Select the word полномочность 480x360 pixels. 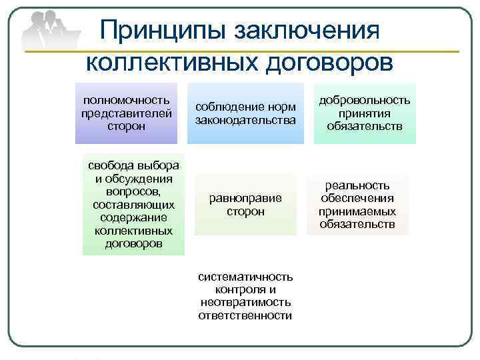point(126,99)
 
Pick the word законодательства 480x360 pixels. point(245,119)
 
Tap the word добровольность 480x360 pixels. point(365,99)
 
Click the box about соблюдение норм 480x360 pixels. point(245,113)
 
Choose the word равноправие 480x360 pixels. point(245,198)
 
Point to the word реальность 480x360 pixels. point(357,186)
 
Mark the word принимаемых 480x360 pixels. point(357,211)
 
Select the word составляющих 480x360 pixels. point(133,205)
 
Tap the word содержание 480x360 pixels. point(133,217)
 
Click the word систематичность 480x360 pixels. point(245,277)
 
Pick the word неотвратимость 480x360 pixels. point(245,302)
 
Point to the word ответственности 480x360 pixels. point(245,315)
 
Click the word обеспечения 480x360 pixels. point(357,199)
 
